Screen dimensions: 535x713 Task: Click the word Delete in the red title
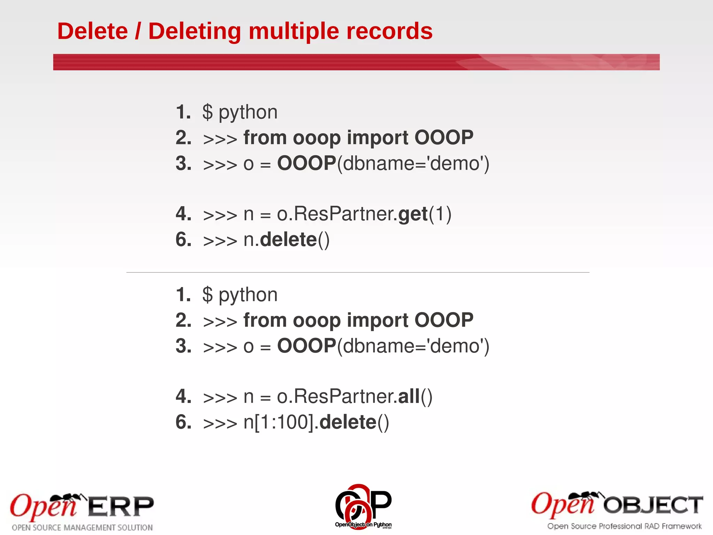click(93, 31)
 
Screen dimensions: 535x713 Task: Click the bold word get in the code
click(413, 214)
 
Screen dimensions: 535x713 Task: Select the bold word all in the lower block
click(408, 396)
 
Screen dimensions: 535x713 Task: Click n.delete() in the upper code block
click(286, 240)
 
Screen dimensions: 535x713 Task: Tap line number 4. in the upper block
click(183, 214)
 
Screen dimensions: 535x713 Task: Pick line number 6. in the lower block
click(183, 422)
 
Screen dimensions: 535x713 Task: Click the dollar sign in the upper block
click(207, 112)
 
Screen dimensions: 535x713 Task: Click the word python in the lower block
click(248, 295)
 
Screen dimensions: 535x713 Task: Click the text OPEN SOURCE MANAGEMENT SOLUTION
click(82, 527)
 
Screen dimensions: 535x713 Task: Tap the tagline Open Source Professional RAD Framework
click(624, 526)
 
